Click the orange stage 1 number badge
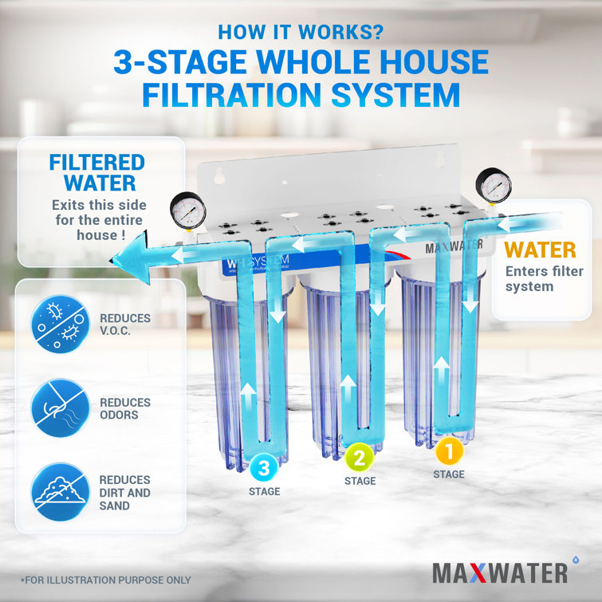click(x=449, y=451)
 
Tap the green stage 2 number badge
click(x=360, y=457)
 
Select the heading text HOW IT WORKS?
click(x=301, y=33)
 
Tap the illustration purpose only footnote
click(x=105, y=580)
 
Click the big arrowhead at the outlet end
click(x=127, y=257)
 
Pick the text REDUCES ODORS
click(x=125, y=409)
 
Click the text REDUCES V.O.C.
click(x=125, y=325)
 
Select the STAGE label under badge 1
click(x=449, y=474)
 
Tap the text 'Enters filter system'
click(x=543, y=279)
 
